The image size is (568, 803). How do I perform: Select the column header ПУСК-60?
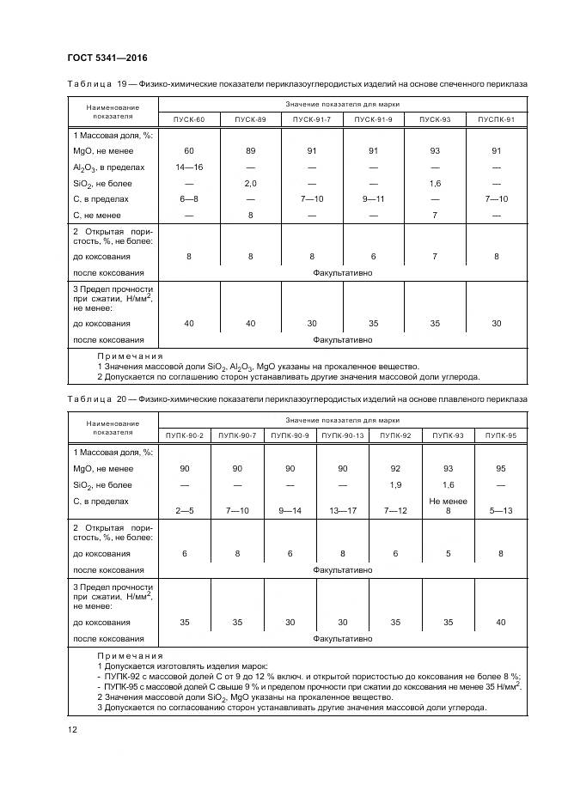click(189, 119)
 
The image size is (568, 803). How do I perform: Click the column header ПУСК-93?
click(435, 119)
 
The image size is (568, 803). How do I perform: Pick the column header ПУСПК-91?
click(497, 119)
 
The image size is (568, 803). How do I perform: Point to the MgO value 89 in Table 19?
click(251, 151)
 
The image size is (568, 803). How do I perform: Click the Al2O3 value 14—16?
click(189, 167)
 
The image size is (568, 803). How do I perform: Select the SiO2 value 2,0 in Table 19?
click(251, 183)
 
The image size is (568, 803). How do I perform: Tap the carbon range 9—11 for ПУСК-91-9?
click(374, 199)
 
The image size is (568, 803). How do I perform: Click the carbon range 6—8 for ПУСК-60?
click(189, 199)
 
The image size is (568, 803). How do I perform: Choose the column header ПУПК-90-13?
click(343, 436)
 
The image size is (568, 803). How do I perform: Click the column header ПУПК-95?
click(500, 436)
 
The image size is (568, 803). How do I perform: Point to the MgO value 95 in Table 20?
click(500, 469)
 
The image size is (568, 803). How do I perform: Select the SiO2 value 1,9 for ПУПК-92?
click(395, 485)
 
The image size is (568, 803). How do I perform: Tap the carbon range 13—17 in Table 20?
click(343, 511)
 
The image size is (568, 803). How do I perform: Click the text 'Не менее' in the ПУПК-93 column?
click(448, 501)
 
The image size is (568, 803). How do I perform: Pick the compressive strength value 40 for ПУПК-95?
click(500, 623)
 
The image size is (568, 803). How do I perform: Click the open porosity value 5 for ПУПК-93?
click(448, 554)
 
